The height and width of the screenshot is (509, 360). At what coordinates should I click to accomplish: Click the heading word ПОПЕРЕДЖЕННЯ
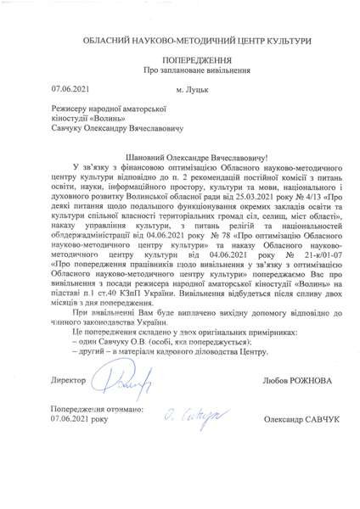click(x=179, y=61)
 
